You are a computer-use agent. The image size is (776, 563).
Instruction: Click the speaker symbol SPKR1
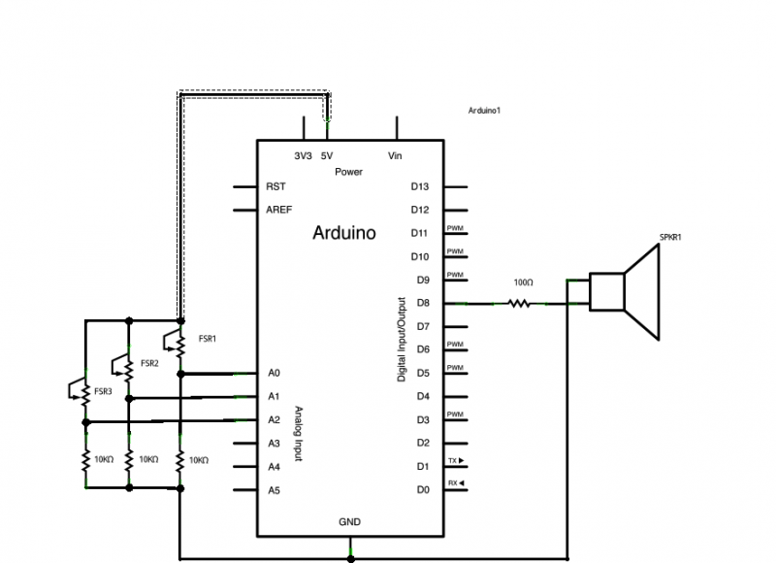(x=626, y=290)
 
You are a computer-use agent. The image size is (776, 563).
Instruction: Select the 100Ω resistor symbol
(x=520, y=304)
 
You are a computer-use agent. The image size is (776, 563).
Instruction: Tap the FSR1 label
(x=207, y=339)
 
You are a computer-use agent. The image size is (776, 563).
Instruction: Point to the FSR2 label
(x=148, y=363)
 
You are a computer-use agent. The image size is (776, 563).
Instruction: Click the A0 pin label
(x=274, y=373)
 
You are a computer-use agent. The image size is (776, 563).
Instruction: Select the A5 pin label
(x=274, y=490)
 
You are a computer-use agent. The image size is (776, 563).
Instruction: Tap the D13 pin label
(x=419, y=186)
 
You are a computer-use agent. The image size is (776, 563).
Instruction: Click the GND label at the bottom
(x=350, y=522)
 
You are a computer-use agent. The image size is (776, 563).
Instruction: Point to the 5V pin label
(x=327, y=156)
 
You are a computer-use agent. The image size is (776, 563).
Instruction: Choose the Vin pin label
(x=395, y=156)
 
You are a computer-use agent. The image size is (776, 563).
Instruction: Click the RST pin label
(x=275, y=186)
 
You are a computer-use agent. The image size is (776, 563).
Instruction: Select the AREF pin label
(x=278, y=210)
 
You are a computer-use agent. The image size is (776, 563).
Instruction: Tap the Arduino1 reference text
(x=484, y=112)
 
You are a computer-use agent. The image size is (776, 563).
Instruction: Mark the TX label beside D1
(x=454, y=460)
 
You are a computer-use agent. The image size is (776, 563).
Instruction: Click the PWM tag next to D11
(x=454, y=229)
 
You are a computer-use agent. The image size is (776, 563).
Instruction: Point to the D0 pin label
(x=421, y=490)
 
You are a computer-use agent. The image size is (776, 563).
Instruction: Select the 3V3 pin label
(x=303, y=156)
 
